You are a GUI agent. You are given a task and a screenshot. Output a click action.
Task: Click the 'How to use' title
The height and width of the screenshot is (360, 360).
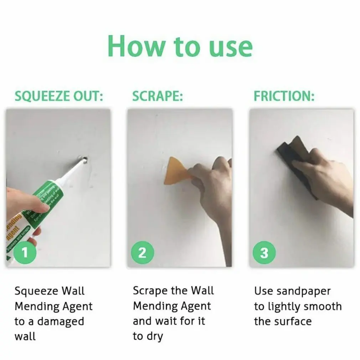(x=180, y=46)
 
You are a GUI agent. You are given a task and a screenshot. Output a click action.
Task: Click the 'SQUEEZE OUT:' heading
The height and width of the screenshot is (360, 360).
(x=59, y=96)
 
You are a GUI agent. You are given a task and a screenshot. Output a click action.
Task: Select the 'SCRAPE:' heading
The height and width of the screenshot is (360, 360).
(x=157, y=96)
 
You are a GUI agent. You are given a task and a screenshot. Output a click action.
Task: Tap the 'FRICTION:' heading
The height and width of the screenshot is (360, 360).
(x=284, y=96)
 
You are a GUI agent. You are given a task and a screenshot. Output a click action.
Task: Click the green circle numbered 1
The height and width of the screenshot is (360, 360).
(x=25, y=253)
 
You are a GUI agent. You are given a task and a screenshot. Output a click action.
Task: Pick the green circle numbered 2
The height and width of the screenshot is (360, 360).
(x=142, y=253)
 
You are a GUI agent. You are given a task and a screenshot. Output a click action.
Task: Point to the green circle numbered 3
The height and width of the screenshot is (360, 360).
(x=264, y=253)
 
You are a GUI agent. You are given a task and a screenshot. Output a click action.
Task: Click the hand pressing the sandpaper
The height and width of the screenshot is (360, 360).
(x=321, y=178)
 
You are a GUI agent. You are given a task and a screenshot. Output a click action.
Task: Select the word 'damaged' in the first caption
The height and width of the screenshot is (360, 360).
(x=60, y=321)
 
